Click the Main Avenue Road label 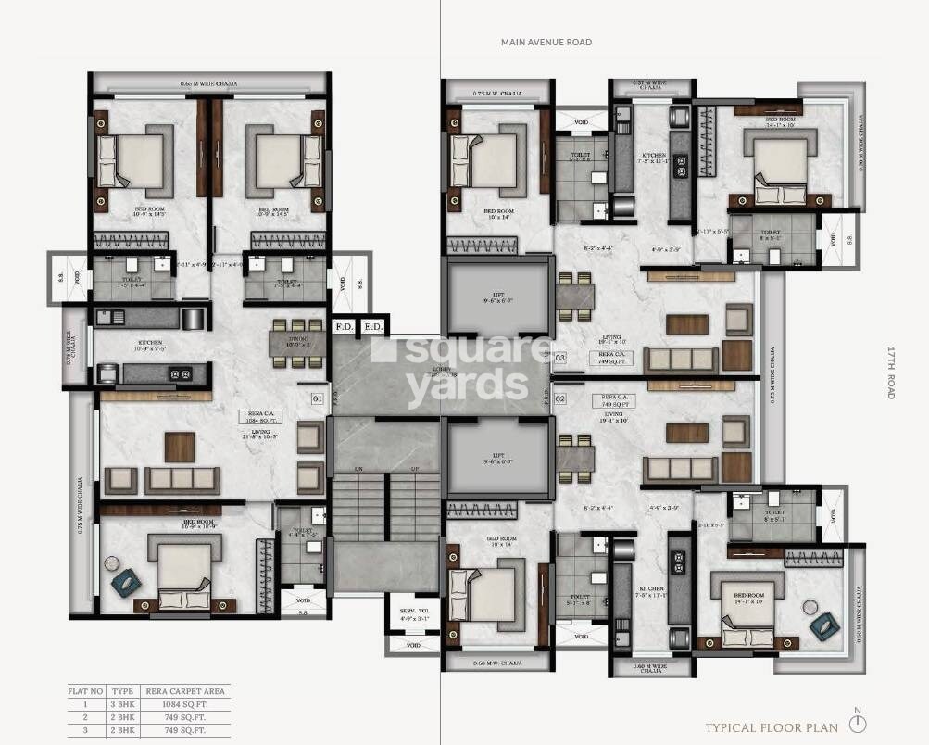point(546,42)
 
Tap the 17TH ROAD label point(892,372)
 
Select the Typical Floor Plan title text point(772,727)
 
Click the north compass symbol point(858,722)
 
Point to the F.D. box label point(345,326)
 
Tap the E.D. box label point(372,326)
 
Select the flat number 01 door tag point(317,399)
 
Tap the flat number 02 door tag point(559,399)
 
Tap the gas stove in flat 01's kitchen point(180,373)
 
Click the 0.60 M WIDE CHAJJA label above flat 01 point(208,84)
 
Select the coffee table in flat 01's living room point(180,446)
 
